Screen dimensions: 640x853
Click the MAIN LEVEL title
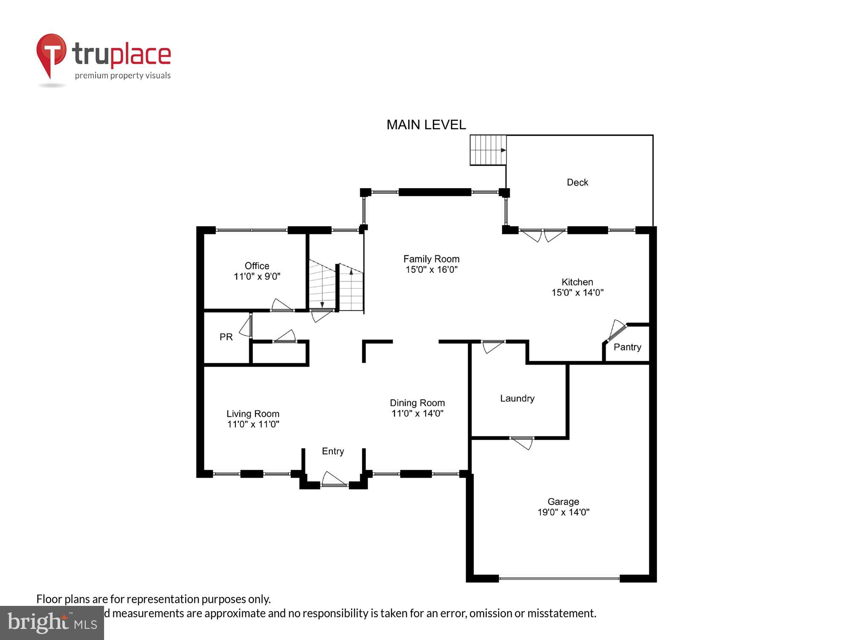(426, 125)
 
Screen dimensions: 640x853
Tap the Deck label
(577, 183)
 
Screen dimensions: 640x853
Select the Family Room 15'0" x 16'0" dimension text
(431, 270)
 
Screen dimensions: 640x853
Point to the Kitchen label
(577, 282)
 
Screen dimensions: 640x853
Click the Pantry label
(627, 347)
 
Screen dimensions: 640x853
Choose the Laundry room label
(517, 399)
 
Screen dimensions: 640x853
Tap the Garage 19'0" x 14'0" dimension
(563, 512)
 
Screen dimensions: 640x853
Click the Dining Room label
(417, 403)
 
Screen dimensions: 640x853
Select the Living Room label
(252, 414)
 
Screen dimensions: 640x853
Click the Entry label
(333, 451)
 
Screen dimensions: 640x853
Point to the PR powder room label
(226, 337)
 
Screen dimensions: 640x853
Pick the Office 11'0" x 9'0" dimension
(257, 276)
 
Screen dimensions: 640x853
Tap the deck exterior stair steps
(487, 150)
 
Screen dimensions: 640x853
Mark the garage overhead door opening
(559, 579)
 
